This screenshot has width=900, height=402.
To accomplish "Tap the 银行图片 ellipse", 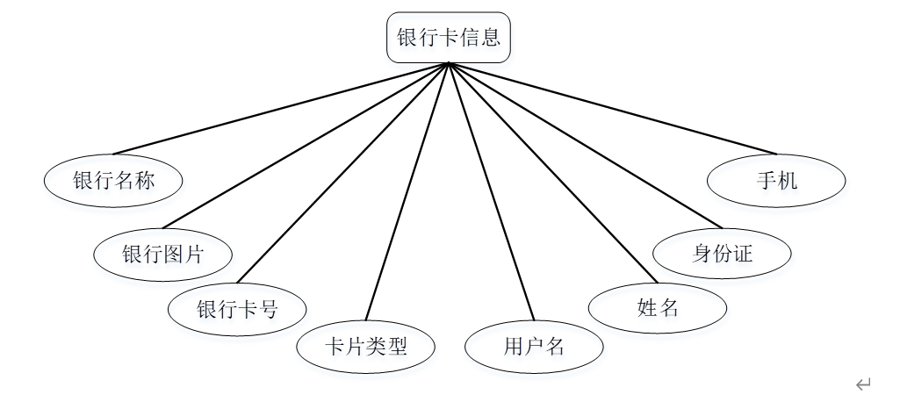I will click(x=163, y=255).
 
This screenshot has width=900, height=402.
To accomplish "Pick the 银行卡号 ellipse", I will click(x=237, y=309).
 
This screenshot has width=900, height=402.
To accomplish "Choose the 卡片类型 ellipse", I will click(x=366, y=346).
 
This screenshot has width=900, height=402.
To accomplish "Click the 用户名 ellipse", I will click(x=534, y=346).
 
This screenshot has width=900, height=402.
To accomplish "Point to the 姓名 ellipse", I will click(x=658, y=307).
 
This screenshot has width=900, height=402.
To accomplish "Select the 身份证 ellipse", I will click(x=722, y=254).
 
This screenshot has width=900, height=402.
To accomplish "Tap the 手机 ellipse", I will click(x=776, y=181).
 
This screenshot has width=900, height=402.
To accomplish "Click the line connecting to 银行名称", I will click(x=281, y=109).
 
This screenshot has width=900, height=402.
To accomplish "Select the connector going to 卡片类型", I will click(x=407, y=191).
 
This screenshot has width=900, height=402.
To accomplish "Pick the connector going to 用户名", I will click(x=491, y=191).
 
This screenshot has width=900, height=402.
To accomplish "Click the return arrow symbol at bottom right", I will click(x=864, y=384).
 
